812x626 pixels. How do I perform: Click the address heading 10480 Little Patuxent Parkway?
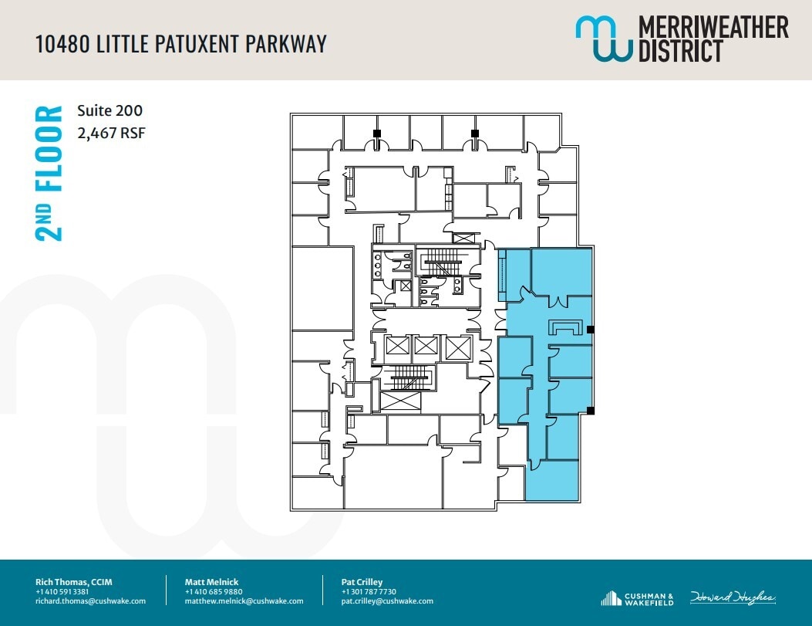click(181, 44)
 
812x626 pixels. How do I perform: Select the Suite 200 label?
click(110, 111)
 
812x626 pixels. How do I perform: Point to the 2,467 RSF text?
click(111, 133)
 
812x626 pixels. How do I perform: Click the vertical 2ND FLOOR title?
click(49, 174)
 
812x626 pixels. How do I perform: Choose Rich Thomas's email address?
click(90, 601)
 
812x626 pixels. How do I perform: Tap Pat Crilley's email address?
click(387, 601)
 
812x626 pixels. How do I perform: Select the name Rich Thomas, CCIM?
click(74, 582)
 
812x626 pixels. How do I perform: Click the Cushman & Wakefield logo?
click(637, 598)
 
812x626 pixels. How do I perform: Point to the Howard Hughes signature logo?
click(733, 597)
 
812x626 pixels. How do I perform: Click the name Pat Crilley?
click(362, 582)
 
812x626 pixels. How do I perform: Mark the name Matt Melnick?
click(212, 582)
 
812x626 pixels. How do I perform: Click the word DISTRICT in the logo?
click(681, 52)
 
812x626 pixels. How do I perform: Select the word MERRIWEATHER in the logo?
click(713, 27)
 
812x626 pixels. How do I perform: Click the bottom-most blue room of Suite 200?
click(552, 479)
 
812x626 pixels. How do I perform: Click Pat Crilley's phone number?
click(369, 591)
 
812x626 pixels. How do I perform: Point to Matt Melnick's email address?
click(244, 601)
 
